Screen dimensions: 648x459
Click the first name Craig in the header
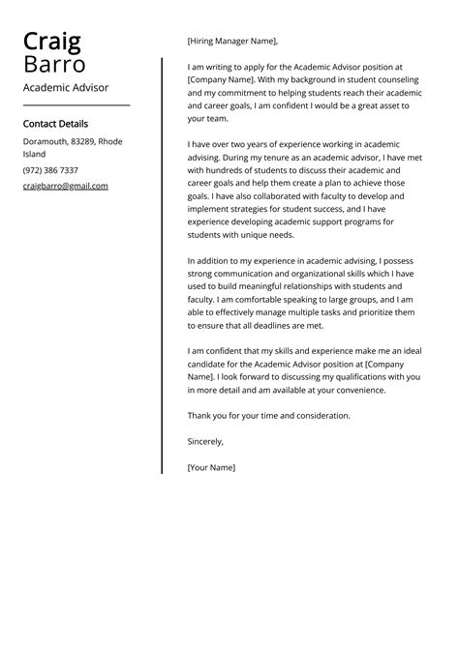[x=52, y=42]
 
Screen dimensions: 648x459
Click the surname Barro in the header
[x=54, y=65]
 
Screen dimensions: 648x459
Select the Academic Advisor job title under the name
[x=66, y=88]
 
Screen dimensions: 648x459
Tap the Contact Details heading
[x=55, y=124]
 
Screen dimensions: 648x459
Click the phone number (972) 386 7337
[x=50, y=170]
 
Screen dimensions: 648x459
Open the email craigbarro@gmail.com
[x=65, y=186]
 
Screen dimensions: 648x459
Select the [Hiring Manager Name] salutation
[x=232, y=42]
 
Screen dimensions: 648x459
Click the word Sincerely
[x=205, y=441]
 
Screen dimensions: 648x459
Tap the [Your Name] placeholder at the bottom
[x=211, y=467]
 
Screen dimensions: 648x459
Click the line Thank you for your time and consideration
[x=268, y=416]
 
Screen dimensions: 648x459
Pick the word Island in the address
[x=35, y=154]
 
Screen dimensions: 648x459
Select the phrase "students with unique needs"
[x=241, y=234]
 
